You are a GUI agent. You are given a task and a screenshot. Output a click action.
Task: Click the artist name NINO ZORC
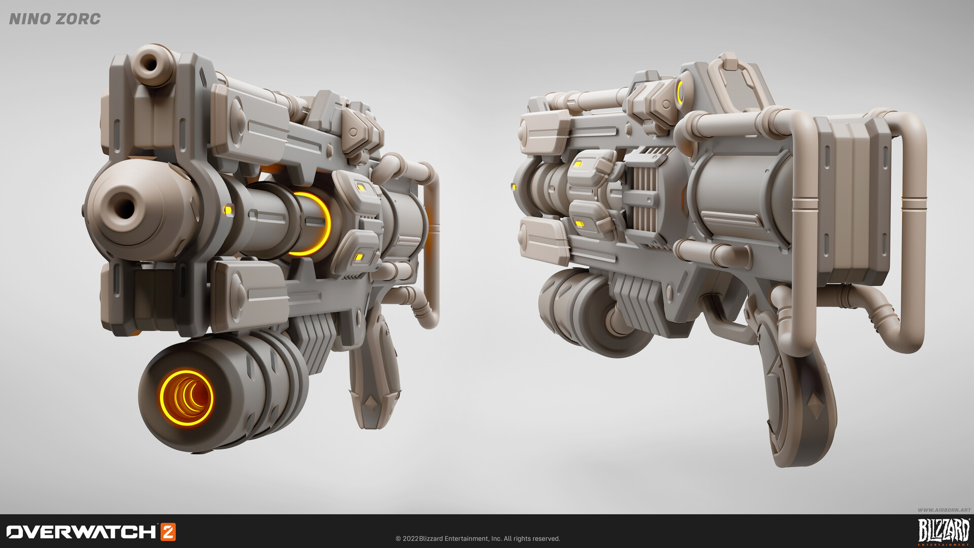[x=55, y=19]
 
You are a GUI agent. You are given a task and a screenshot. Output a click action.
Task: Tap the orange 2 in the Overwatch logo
[x=168, y=532]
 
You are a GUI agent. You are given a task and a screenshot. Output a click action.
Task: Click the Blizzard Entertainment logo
[x=944, y=531]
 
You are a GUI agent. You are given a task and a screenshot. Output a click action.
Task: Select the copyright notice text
[x=477, y=538]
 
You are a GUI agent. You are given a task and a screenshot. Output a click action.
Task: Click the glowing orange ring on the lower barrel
[x=186, y=398]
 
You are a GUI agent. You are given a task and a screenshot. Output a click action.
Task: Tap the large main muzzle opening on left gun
[x=123, y=208]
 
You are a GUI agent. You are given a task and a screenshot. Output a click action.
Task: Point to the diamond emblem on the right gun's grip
[x=816, y=406]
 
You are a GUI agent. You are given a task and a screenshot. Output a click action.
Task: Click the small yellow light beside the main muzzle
[x=228, y=209]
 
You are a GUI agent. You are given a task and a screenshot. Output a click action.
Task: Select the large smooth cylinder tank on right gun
[x=741, y=193]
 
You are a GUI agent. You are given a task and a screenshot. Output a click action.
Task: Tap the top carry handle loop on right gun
[x=736, y=76]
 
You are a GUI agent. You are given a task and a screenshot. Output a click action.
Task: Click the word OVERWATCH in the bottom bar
[x=81, y=532]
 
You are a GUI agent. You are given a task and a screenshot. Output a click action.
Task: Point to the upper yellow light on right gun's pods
[x=578, y=164]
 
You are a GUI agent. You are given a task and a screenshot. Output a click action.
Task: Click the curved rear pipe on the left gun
[x=431, y=244]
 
